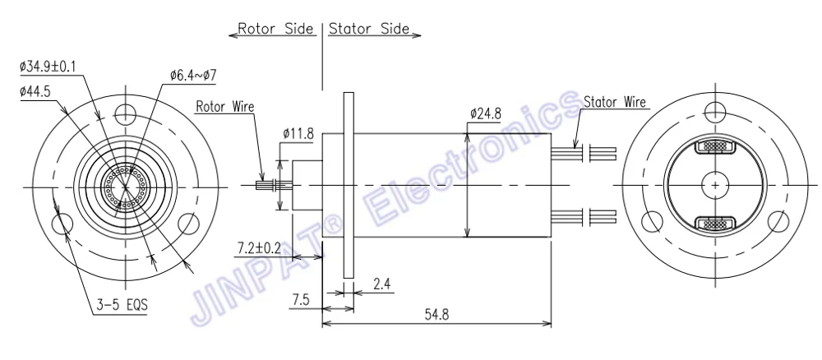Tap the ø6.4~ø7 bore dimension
point(193,75)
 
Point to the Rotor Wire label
point(225,106)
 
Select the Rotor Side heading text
point(276,29)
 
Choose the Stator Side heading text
point(368,29)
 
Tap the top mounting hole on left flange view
point(124,113)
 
